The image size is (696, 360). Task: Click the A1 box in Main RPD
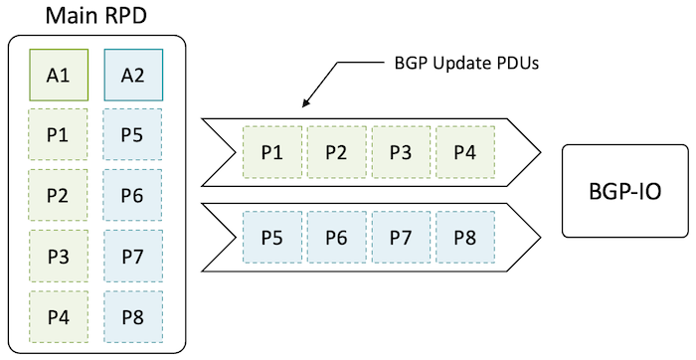tap(59, 74)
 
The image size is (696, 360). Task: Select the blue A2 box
tap(132, 74)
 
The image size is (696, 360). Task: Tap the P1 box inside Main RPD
tap(59, 133)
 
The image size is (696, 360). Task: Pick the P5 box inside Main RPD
tap(132, 133)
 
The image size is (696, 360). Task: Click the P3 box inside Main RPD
tap(59, 257)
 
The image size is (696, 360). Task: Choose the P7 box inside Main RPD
tap(132, 257)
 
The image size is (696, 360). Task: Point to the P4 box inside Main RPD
tap(59, 317)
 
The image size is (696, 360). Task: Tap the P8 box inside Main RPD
tap(132, 317)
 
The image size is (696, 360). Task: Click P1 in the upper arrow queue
tap(271, 152)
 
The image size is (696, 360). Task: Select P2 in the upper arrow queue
tap(336, 152)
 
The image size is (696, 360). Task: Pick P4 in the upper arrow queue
tap(464, 152)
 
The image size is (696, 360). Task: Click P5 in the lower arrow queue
tap(271, 239)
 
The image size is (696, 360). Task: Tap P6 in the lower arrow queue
tap(336, 239)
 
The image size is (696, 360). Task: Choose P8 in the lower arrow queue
tap(464, 239)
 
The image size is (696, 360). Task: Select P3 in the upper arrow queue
tap(400, 152)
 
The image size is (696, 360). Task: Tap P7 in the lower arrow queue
tap(400, 239)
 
